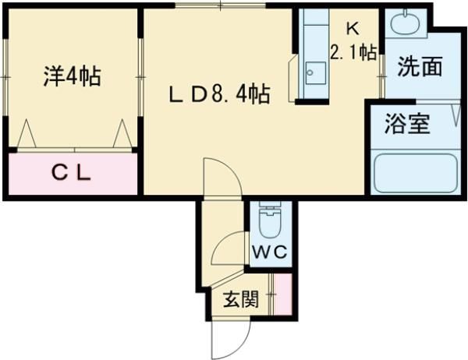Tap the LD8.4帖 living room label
[221, 95]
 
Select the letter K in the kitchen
[353, 29]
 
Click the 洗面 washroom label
[420, 67]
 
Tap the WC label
[270, 252]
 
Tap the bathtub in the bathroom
[415, 174]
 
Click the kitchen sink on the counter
[315, 73]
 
